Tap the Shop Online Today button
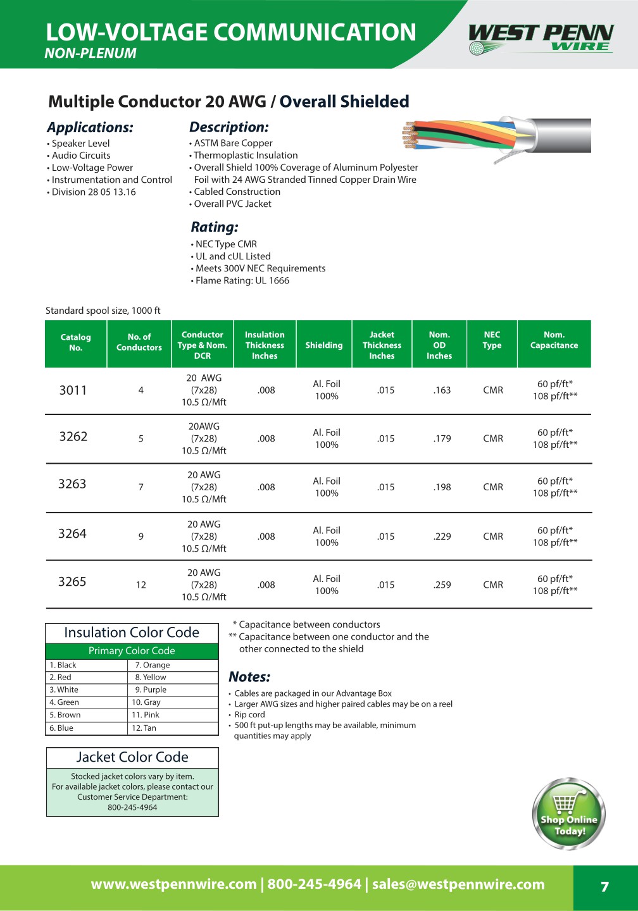click(x=568, y=814)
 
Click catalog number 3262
click(x=73, y=437)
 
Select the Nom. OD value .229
click(x=442, y=536)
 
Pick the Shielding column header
click(x=323, y=345)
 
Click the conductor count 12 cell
click(x=141, y=585)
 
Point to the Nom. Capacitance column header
click(x=554, y=340)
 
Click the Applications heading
click(x=90, y=127)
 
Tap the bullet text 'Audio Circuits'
click(x=81, y=156)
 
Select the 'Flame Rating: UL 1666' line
click(x=242, y=281)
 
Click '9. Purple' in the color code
click(x=151, y=690)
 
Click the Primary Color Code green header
click(x=132, y=651)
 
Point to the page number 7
click(x=604, y=887)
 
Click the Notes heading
click(x=249, y=677)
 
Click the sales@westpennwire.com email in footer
click(x=458, y=884)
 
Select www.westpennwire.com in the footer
click(x=173, y=884)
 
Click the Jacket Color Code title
click(x=132, y=757)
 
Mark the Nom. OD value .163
click(x=442, y=390)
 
